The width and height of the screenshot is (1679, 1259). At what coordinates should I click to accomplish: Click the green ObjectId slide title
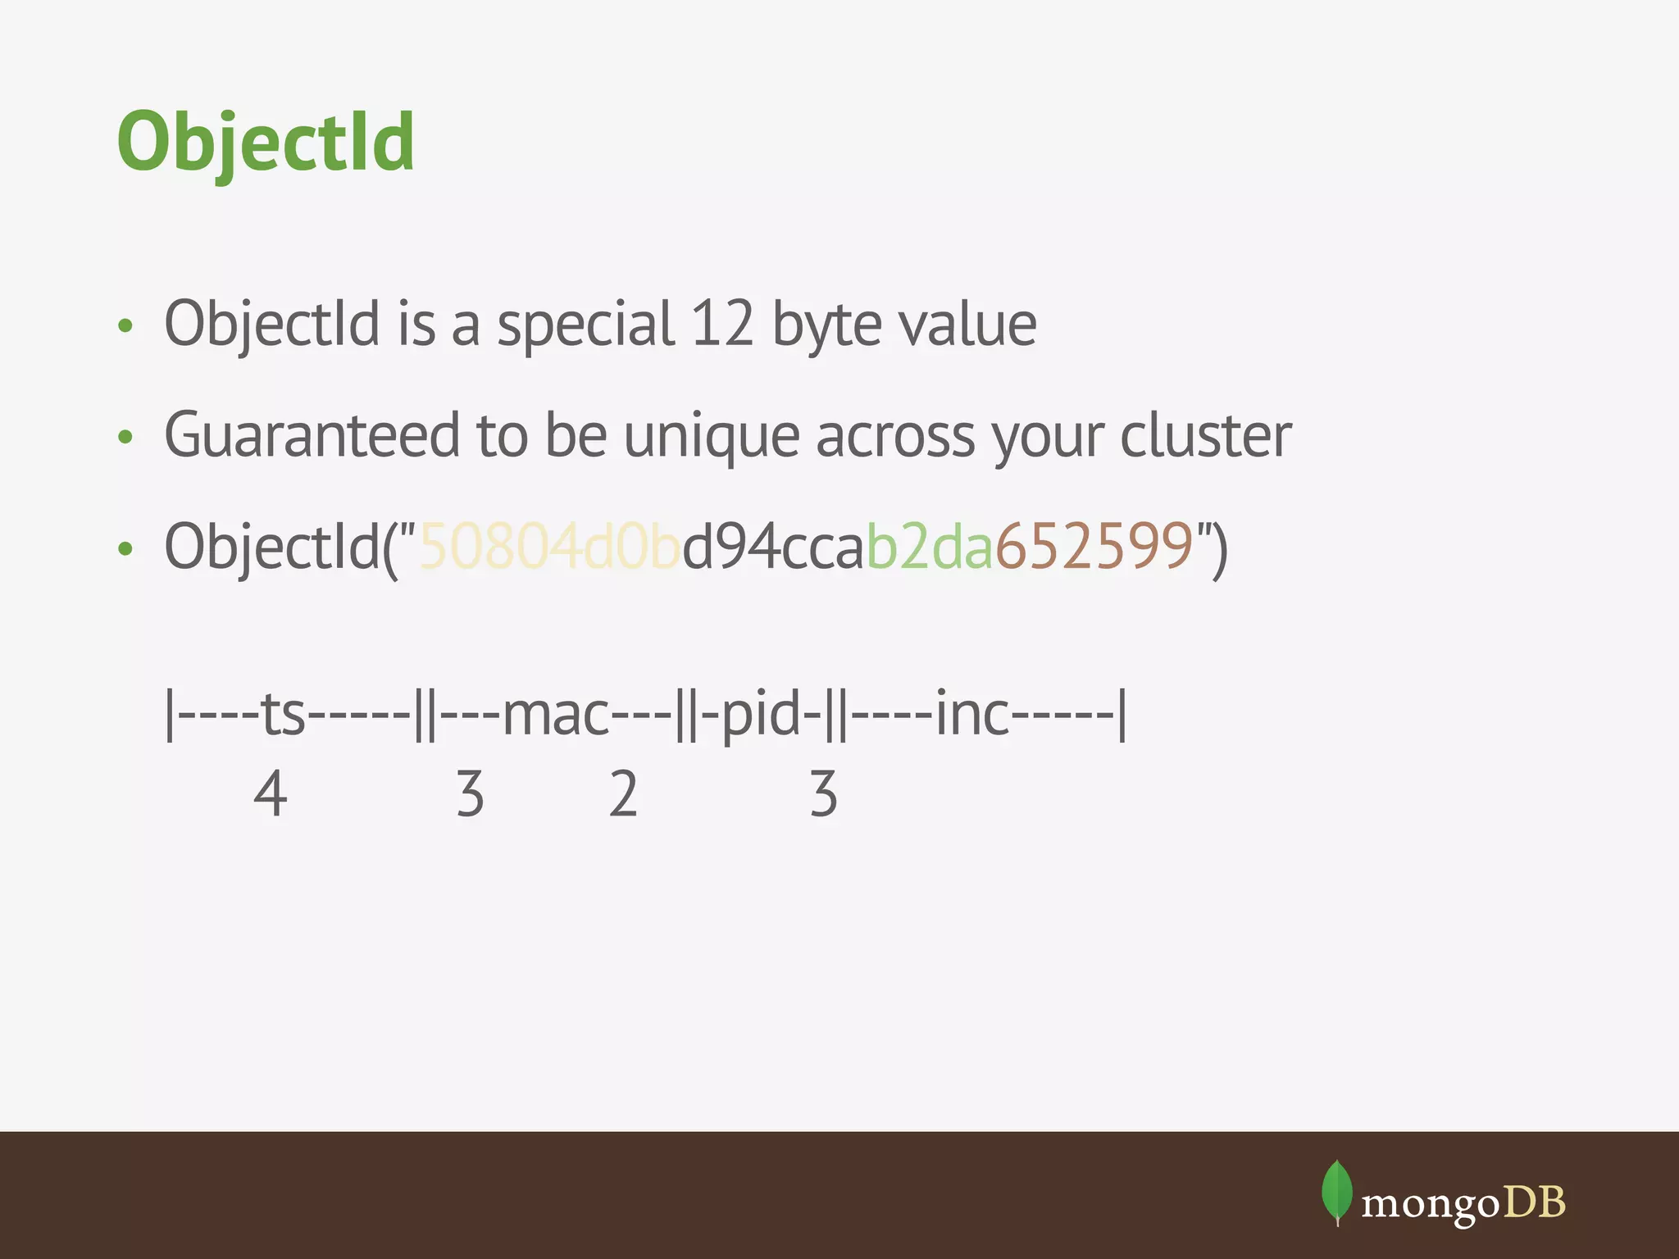266,143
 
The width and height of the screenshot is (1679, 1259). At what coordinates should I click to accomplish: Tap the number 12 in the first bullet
721,324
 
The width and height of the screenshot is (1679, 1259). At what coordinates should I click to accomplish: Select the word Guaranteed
312,435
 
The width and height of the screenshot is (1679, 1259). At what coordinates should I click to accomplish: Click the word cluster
1205,435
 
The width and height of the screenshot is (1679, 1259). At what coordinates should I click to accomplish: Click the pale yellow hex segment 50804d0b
549,546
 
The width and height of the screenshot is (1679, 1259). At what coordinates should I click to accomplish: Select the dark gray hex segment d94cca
774,546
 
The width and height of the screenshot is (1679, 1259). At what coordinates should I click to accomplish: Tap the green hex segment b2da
930,546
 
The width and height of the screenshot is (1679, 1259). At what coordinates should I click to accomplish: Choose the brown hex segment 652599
1094,546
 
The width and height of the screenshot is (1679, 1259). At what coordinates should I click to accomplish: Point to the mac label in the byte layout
556,714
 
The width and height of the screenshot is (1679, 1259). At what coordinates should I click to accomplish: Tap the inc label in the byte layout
972,714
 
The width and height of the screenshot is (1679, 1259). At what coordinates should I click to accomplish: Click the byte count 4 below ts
271,793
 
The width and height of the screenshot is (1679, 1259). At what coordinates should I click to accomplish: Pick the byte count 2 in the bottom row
623,793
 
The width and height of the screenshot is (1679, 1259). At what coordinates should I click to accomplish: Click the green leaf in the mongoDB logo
1336,1191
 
